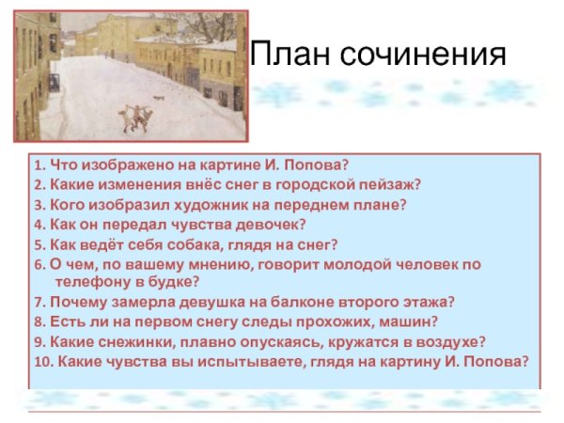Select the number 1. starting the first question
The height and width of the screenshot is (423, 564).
click(39, 164)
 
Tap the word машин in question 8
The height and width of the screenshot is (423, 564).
click(384, 321)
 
